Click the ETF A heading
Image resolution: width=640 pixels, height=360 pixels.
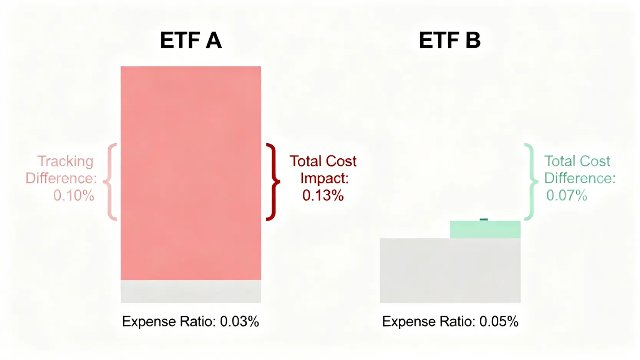pyautogui.click(x=191, y=40)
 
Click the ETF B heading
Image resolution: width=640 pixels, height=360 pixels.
pyautogui.click(x=449, y=40)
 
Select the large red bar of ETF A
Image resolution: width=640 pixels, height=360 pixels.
pyautogui.click(x=191, y=173)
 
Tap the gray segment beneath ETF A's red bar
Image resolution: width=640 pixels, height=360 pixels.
pyautogui.click(x=191, y=292)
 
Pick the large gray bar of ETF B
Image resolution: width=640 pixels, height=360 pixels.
pyautogui.click(x=450, y=270)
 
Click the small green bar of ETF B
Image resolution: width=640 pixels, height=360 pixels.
pyautogui.click(x=485, y=229)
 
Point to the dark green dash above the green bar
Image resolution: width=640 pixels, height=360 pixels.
pyautogui.click(x=484, y=219)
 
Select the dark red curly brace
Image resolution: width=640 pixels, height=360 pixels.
pyautogui.click(x=273, y=182)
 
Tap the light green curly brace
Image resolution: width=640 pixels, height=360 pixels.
pyautogui.click(x=530, y=182)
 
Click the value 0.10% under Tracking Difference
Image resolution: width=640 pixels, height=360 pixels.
pyautogui.click(x=73, y=196)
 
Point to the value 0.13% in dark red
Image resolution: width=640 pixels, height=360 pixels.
pyautogui.click(x=323, y=196)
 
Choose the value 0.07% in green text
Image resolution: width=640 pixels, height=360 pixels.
pyautogui.click(x=566, y=196)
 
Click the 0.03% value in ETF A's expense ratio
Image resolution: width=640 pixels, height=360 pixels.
pyautogui.click(x=239, y=322)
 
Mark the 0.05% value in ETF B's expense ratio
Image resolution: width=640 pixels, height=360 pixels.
pyautogui.click(x=499, y=322)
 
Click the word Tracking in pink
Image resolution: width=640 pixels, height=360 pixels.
pyautogui.click(x=65, y=161)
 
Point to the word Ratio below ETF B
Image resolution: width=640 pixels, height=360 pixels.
pyautogui.click(x=459, y=322)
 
